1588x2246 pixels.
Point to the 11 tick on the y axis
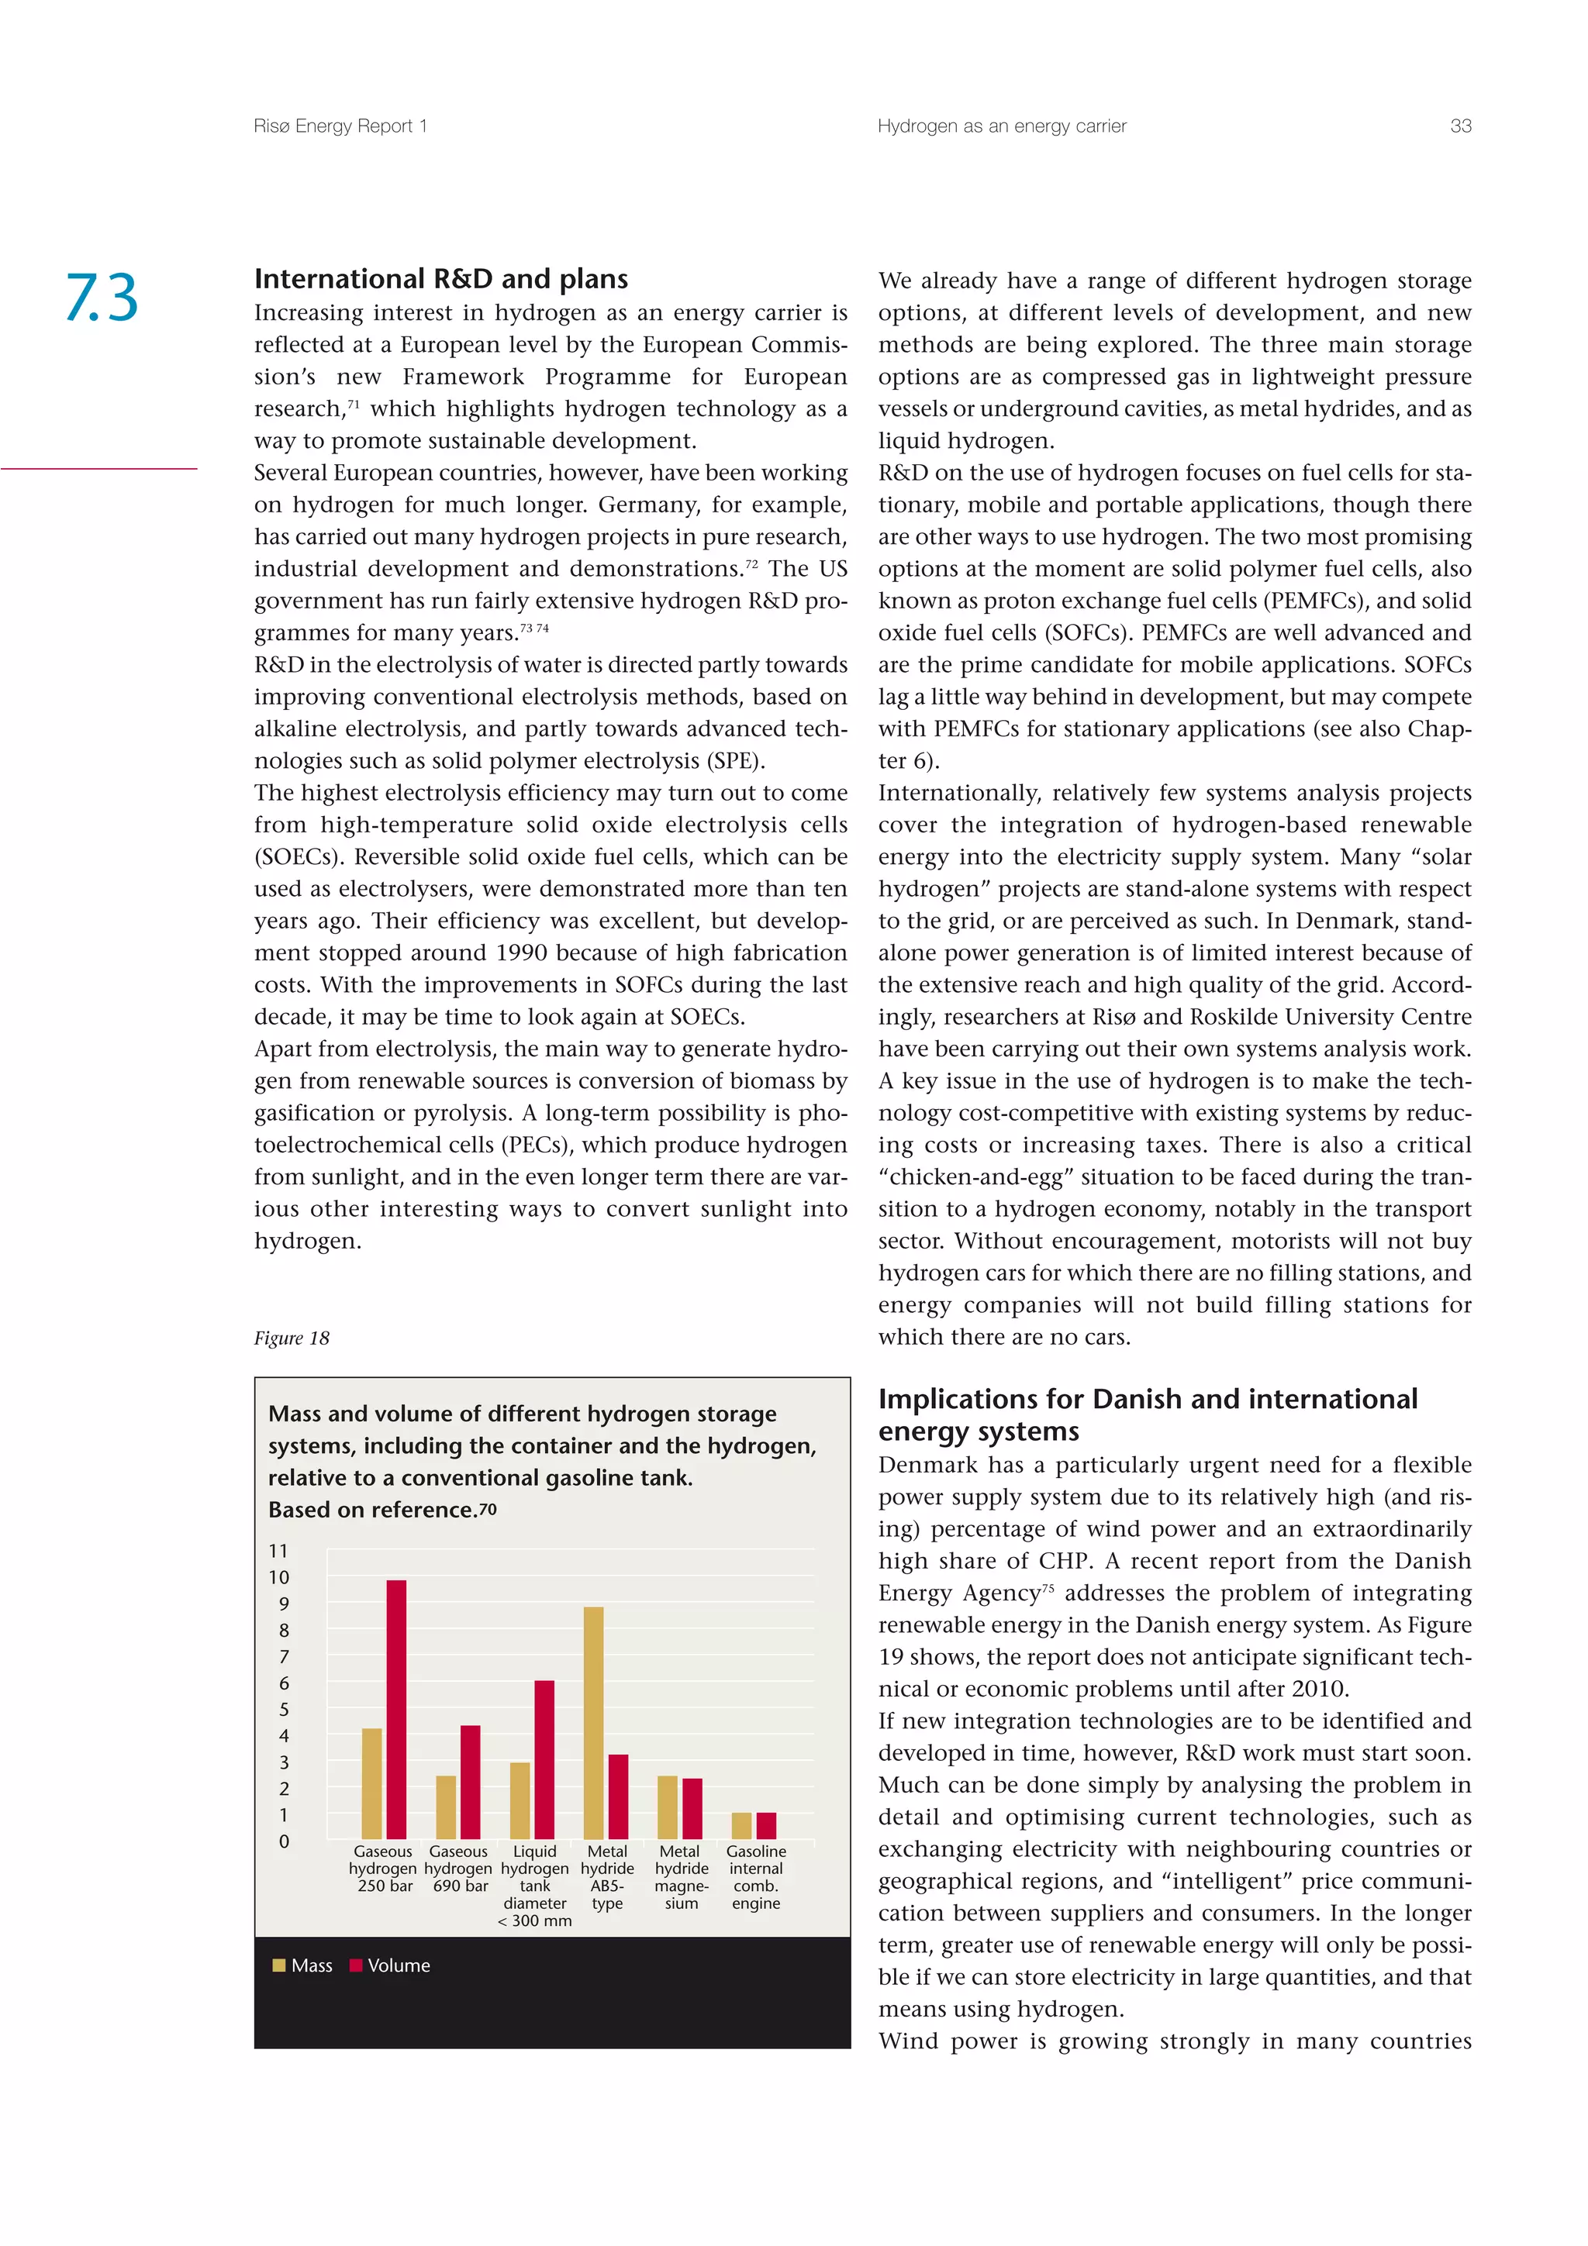(x=279, y=1551)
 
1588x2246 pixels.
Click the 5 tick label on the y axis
(x=284, y=1709)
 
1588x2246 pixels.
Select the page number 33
(x=1460, y=126)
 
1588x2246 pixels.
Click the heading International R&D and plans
(x=441, y=279)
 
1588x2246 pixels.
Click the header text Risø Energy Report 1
(x=340, y=126)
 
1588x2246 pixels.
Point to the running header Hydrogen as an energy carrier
(x=1002, y=126)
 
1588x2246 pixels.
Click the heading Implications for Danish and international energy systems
(x=1147, y=1414)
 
